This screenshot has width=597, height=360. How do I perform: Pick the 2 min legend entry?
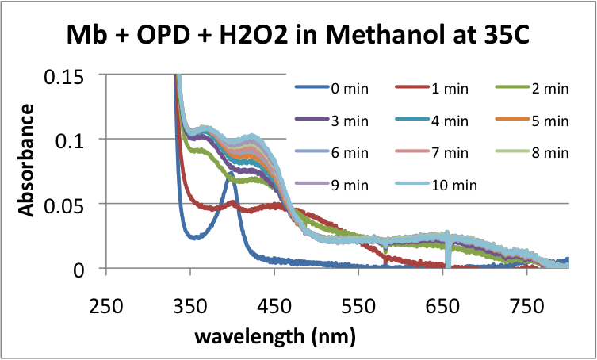pyautogui.click(x=547, y=89)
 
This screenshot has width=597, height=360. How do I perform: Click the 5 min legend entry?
pyautogui.click(x=547, y=121)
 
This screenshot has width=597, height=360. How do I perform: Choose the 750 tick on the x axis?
pyautogui.click(x=527, y=304)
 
